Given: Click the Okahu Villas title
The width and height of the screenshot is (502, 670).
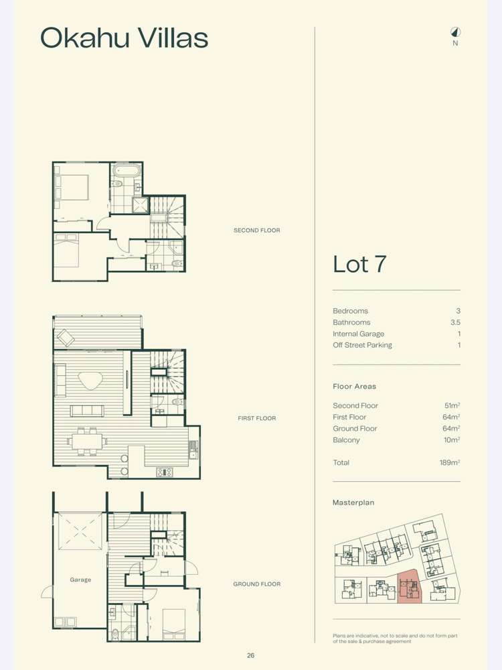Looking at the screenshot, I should click(x=124, y=38).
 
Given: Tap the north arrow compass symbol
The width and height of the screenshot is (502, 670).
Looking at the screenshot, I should click(x=455, y=32).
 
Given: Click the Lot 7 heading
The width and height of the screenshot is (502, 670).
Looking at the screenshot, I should click(x=359, y=264).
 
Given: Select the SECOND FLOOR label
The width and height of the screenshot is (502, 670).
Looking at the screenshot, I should click(x=256, y=230).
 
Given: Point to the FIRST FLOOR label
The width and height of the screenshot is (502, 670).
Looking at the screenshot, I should click(x=256, y=418).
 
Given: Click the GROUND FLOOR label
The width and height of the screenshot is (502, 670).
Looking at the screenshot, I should click(x=256, y=584).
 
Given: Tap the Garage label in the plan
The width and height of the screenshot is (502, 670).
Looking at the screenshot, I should click(x=80, y=580).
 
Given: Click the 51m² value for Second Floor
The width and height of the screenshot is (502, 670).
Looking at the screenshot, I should click(x=452, y=405).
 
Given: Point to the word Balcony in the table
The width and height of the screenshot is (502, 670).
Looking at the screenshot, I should click(x=346, y=440).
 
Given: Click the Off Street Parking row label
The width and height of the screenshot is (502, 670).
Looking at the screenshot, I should click(x=362, y=345).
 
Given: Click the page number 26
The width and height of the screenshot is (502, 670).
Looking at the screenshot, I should click(x=250, y=655).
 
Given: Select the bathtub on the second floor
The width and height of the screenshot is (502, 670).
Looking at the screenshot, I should click(x=125, y=170).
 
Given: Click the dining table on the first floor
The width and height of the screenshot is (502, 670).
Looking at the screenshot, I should click(x=87, y=440).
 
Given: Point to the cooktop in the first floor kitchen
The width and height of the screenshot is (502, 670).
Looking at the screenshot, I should click(x=165, y=472).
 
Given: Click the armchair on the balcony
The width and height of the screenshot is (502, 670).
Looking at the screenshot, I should click(x=66, y=338).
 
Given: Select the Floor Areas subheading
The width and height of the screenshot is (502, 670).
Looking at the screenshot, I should click(x=354, y=386).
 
